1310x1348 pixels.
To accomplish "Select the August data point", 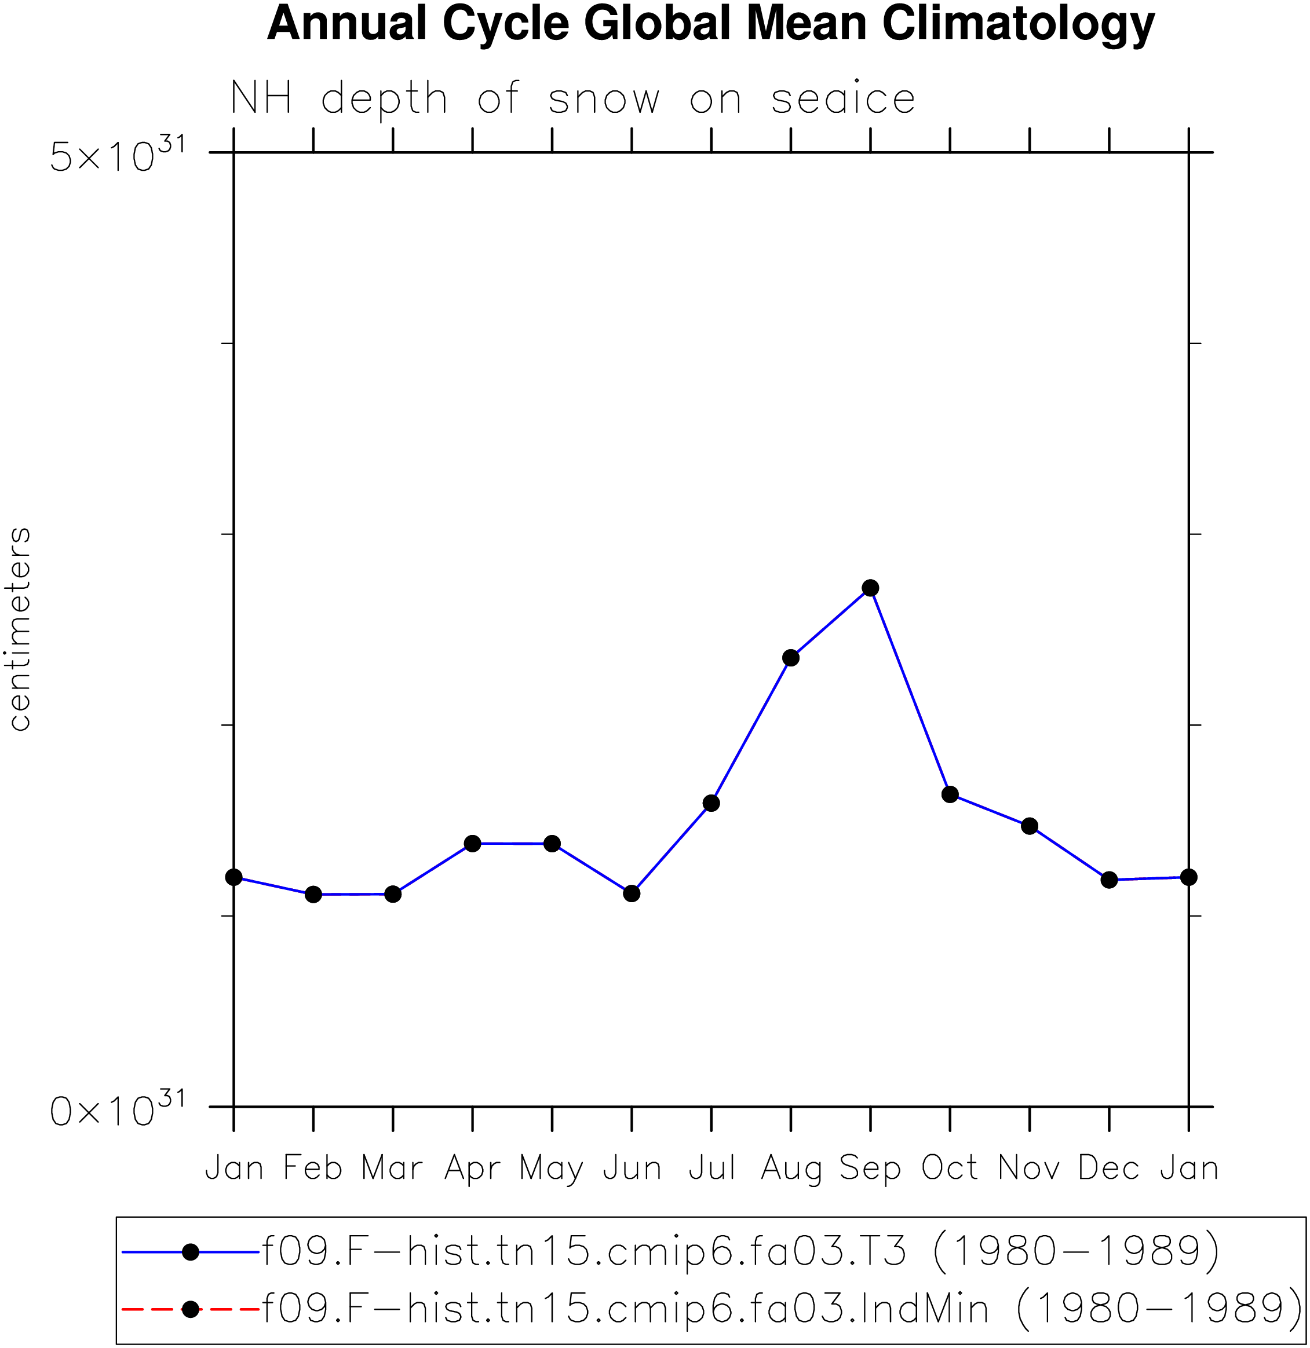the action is [791, 657].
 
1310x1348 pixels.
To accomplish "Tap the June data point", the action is [632, 893].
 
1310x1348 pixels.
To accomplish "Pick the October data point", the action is [950, 794].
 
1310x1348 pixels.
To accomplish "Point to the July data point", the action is [711, 803].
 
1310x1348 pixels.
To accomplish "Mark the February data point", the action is [313, 894].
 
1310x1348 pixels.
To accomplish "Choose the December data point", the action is [1109, 880].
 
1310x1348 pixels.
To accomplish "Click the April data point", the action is [473, 843].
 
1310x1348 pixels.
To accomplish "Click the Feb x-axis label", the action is [313, 1168].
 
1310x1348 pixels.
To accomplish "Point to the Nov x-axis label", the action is [1029, 1168].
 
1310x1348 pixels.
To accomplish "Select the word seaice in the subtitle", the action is [843, 99].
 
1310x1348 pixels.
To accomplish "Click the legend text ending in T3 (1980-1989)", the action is [741, 1251].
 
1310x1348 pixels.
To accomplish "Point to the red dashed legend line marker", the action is [191, 1309].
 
